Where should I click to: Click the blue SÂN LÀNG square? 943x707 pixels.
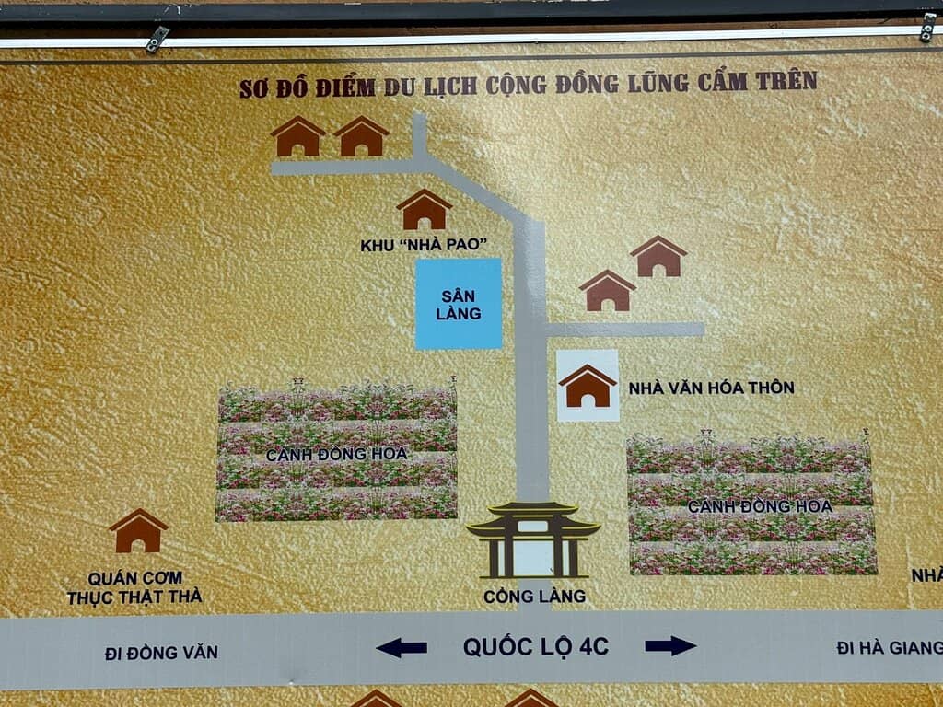[459, 304]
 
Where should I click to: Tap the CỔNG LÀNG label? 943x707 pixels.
[534, 597]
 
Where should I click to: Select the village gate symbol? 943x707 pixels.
[533, 539]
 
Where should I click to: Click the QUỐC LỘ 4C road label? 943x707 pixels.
[536, 647]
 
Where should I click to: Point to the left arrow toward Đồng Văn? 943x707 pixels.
[402, 647]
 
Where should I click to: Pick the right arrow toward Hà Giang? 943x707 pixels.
[670, 646]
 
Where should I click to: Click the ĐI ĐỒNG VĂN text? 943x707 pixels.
[161, 653]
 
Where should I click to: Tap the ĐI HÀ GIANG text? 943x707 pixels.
[890, 647]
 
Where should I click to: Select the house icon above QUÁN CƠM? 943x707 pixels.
[138, 531]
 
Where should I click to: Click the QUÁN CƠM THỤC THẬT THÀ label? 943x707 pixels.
[134, 587]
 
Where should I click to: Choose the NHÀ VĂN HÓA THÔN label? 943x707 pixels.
[712, 388]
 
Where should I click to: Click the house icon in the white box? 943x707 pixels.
[588, 386]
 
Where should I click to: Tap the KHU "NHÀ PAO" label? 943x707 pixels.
[424, 245]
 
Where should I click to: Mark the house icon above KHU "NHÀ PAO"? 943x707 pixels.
[424, 209]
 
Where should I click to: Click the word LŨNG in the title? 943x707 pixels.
[658, 83]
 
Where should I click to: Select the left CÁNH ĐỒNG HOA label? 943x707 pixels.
[337, 455]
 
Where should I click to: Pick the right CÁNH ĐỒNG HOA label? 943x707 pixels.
[760, 506]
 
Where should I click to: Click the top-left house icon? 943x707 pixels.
[297, 136]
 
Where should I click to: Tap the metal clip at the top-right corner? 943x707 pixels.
[928, 27]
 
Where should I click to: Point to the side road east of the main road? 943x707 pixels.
[625, 330]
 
